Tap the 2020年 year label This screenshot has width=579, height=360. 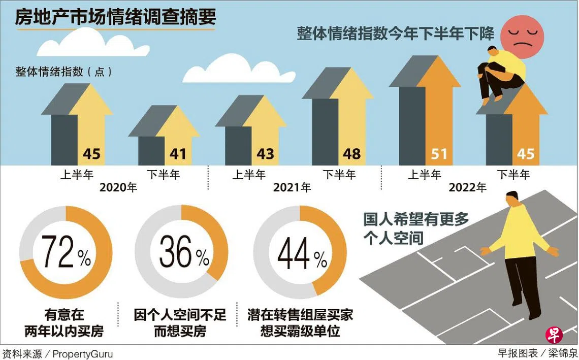click(118, 187)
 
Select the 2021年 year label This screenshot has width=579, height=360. click(292, 187)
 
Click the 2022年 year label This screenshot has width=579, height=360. click(468, 187)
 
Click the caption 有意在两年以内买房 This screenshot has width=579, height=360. click(64, 323)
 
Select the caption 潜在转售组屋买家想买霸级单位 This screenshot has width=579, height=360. click(300, 323)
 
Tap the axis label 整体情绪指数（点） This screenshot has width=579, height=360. click(64, 72)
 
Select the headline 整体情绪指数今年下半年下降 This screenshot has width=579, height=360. click(396, 34)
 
